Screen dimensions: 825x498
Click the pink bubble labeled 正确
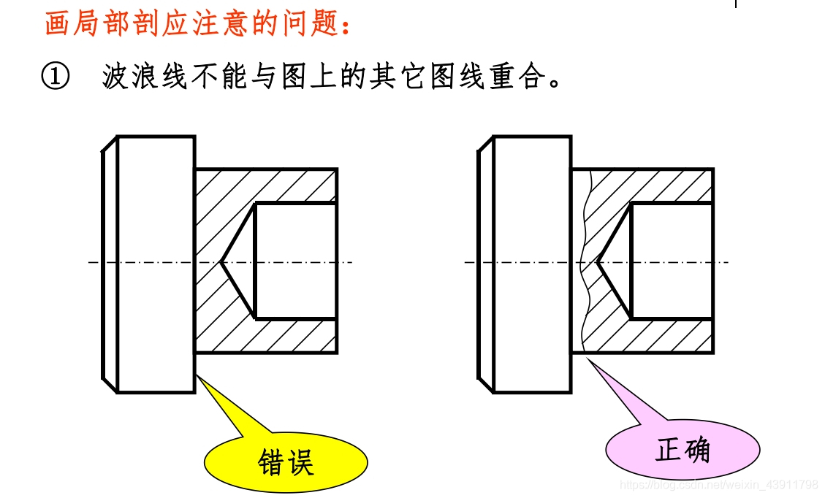[x=683, y=449]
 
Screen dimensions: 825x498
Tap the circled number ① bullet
[x=56, y=76]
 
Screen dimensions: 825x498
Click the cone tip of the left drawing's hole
[x=221, y=261]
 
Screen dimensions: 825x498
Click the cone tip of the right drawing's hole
[x=598, y=261]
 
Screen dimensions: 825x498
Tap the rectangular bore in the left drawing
[x=295, y=261]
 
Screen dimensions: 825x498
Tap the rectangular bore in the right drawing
[x=672, y=261]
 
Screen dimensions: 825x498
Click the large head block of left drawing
[x=156, y=263]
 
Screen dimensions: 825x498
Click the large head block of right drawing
[x=532, y=263]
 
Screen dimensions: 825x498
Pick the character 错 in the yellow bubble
[x=272, y=462]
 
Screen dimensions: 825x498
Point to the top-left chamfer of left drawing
[x=110, y=145]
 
